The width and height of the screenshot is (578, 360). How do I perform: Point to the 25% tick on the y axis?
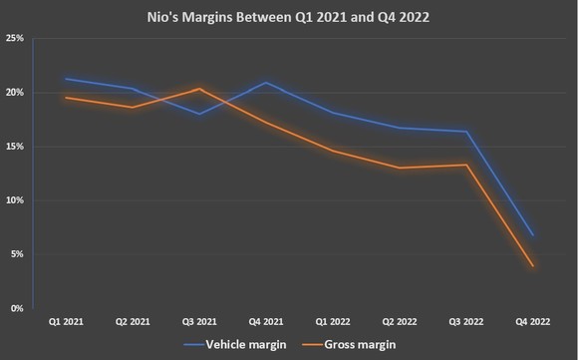coord(16,38)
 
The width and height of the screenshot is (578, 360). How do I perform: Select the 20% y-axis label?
coord(16,93)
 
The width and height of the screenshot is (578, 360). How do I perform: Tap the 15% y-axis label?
coord(16,147)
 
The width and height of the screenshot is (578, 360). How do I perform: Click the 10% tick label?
coord(16,200)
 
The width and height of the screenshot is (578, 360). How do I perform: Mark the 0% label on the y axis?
coord(18,308)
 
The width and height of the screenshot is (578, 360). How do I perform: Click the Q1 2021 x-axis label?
coord(65,323)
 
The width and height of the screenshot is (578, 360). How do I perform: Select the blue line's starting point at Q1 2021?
coord(65,79)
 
